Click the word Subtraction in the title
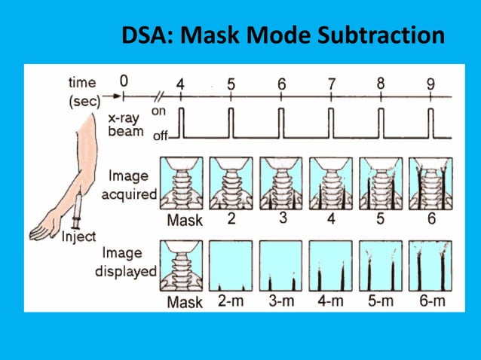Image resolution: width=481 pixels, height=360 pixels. click(381, 35)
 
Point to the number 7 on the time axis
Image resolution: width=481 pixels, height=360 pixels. click(331, 84)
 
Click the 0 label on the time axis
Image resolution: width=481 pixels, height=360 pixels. click(124, 81)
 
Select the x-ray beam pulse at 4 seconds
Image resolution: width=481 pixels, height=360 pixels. click(181, 123)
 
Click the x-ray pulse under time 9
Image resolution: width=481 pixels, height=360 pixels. click(430, 123)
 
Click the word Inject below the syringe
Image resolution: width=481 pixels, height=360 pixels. click(79, 236)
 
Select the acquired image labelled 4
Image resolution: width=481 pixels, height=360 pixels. click(331, 183)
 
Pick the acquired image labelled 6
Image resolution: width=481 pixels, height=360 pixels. click(430, 183)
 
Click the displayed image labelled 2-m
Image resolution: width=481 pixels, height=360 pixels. click(231, 266)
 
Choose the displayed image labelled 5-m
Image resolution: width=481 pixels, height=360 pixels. click(381, 266)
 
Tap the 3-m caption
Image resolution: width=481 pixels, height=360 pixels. click(281, 301)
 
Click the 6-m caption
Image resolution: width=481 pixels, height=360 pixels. click(432, 301)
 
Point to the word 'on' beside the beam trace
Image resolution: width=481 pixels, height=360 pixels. click(158, 111)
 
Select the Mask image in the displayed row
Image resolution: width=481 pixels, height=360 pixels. click(181, 266)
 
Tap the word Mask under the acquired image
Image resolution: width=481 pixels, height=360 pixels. click(185, 220)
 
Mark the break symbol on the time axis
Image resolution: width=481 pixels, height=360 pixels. click(160, 96)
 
